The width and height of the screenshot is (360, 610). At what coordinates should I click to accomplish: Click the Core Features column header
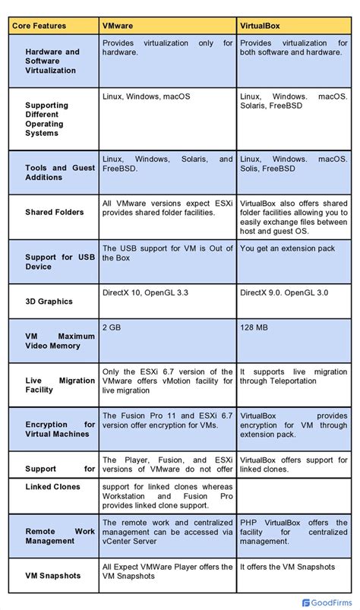click(39, 26)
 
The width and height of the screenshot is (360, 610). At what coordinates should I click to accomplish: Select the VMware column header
click(118, 26)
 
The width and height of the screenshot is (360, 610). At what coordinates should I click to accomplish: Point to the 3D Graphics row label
click(49, 302)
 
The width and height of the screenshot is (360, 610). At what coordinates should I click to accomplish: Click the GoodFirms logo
click(327, 602)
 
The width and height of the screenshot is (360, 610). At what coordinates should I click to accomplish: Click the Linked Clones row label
click(53, 487)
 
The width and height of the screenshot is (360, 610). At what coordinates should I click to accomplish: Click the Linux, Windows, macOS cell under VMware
click(147, 96)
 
